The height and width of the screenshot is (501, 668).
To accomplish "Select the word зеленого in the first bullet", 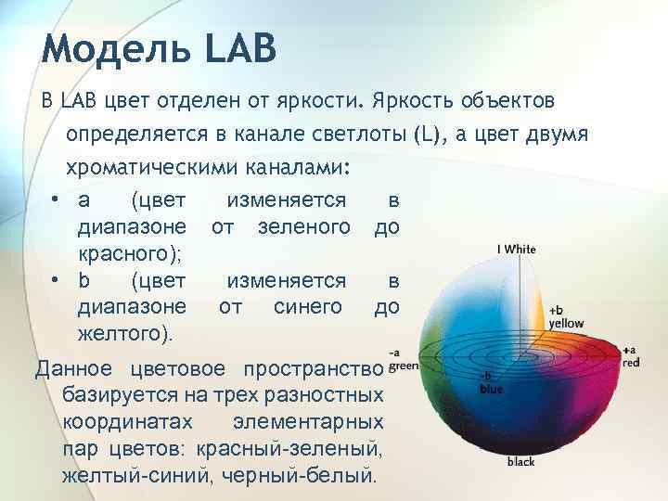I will (305, 227).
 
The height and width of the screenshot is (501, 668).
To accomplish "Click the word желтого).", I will (126, 332).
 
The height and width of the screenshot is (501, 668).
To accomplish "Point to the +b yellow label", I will (565, 316).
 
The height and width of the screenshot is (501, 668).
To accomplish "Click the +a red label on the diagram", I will (630, 356).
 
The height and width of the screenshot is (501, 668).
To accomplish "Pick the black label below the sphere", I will (520, 461).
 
